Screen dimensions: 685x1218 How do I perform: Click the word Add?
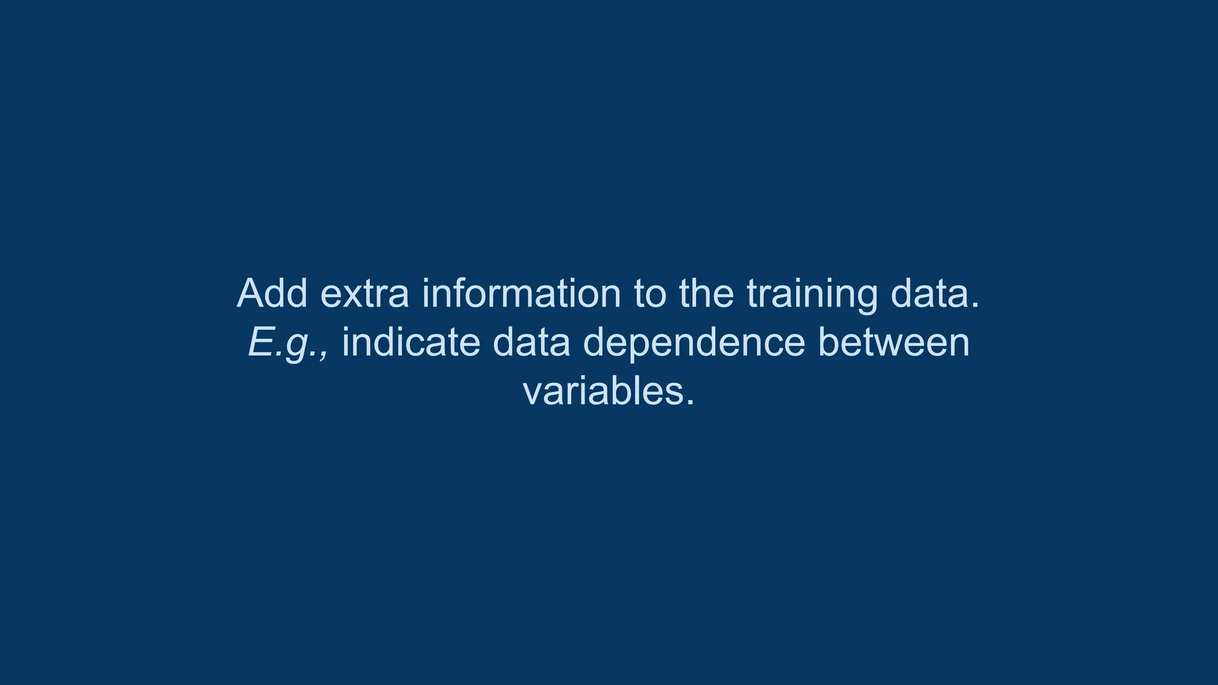tap(272, 293)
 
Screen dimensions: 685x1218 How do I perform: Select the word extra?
tap(365, 294)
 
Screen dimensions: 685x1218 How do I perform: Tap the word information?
tap(521, 293)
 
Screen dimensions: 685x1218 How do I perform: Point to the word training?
tap(812, 294)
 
